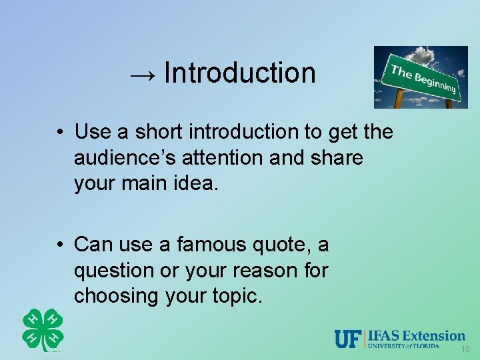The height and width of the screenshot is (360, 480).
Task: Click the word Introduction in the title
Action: (239, 72)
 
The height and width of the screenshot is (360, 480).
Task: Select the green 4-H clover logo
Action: (43, 330)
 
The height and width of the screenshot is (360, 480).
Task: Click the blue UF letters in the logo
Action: (348, 339)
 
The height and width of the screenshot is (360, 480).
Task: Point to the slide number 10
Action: (465, 350)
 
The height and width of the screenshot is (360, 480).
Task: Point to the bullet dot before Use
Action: (60, 132)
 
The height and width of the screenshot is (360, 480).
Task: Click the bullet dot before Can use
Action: (60, 245)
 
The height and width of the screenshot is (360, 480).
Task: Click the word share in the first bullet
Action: (337, 157)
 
